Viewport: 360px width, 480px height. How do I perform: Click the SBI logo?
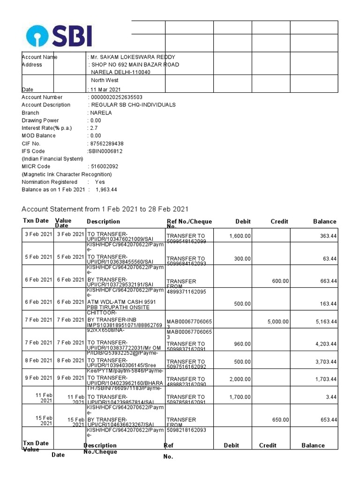[59, 36]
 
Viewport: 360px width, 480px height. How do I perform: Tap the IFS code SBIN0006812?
[105, 151]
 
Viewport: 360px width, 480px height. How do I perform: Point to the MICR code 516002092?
[105, 166]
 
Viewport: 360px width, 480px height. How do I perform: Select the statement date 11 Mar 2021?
[106, 89]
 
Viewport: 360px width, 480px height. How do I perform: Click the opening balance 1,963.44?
[106, 189]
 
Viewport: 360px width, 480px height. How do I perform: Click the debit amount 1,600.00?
[240, 236]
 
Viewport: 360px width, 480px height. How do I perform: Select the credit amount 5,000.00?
[278, 322]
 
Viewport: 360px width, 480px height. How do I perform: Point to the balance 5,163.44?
[325, 322]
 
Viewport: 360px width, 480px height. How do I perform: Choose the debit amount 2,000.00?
[240, 379]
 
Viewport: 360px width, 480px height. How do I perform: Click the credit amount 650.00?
[280, 420]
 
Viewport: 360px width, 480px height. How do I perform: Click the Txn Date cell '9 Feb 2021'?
[39, 378]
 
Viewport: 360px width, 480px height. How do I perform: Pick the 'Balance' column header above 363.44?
[324, 221]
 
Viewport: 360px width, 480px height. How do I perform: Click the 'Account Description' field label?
[46, 105]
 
